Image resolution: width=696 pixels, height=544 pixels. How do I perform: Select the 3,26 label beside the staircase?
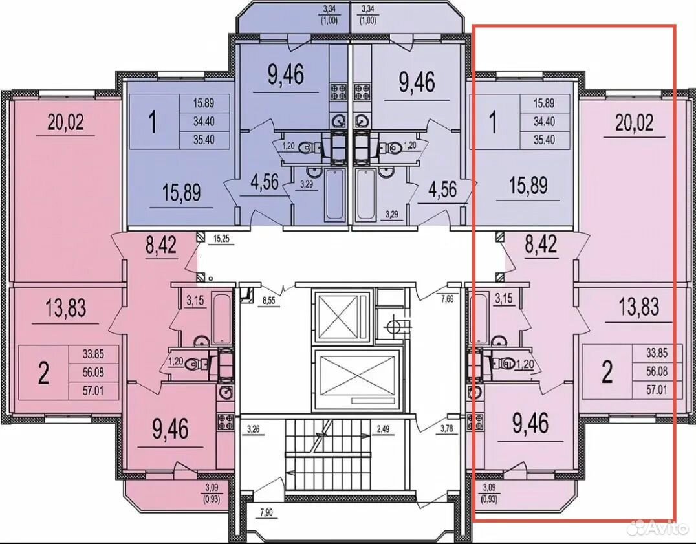[256, 429]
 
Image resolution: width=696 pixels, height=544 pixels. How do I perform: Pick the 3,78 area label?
[447, 429]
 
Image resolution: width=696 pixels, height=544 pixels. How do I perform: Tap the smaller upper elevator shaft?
[342, 316]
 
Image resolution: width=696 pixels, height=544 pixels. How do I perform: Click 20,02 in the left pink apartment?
[66, 122]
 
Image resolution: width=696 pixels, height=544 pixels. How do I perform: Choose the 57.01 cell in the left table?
[93, 391]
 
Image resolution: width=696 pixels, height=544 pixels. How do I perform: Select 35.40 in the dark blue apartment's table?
[204, 140]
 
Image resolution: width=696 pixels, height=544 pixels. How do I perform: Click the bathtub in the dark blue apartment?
[334, 195]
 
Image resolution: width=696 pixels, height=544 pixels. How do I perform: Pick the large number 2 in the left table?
[43, 373]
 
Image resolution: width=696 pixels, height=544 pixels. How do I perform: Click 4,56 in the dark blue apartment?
[265, 182]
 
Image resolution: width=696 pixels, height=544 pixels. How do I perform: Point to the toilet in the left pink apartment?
[194, 364]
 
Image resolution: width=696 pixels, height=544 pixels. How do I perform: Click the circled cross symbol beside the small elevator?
[395, 327]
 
